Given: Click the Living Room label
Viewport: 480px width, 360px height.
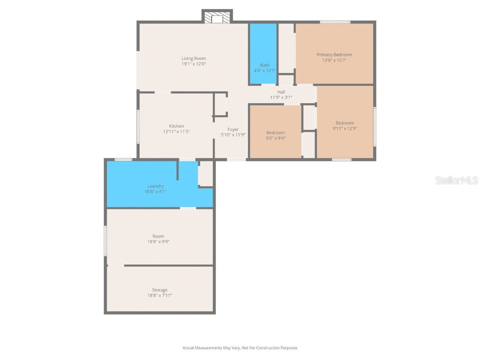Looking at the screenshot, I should click(x=194, y=59).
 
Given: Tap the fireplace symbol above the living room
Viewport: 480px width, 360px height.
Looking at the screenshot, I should click(x=217, y=18).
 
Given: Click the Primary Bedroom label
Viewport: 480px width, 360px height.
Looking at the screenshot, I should click(x=334, y=55).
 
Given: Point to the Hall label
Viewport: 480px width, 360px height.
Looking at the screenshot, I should click(x=281, y=92).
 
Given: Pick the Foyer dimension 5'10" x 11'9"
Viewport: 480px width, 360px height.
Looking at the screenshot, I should click(x=233, y=135).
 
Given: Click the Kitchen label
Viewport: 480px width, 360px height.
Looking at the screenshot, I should click(x=176, y=126).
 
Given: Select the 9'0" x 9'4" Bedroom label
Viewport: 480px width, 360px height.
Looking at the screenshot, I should click(x=276, y=133).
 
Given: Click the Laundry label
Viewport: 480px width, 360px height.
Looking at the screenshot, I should click(x=155, y=186).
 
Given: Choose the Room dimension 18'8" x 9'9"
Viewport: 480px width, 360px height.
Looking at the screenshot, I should click(x=158, y=242).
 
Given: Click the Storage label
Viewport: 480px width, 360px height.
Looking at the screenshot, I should click(x=159, y=290).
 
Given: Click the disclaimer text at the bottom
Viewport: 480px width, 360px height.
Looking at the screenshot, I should click(x=240, y=348).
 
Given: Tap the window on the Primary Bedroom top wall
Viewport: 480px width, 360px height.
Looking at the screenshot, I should click(x=335, y=22).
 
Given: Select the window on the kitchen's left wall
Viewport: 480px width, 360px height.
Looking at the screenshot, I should click(x=138, y=127).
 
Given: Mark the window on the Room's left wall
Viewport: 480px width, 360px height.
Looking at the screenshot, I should click(x=105, y=240).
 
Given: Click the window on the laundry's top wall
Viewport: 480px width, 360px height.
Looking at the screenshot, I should click(x=123, y=160).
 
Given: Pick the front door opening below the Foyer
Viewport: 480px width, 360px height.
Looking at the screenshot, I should click(x=236, y=160).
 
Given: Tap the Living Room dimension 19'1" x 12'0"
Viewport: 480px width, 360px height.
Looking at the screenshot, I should click(x=194, y=64).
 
